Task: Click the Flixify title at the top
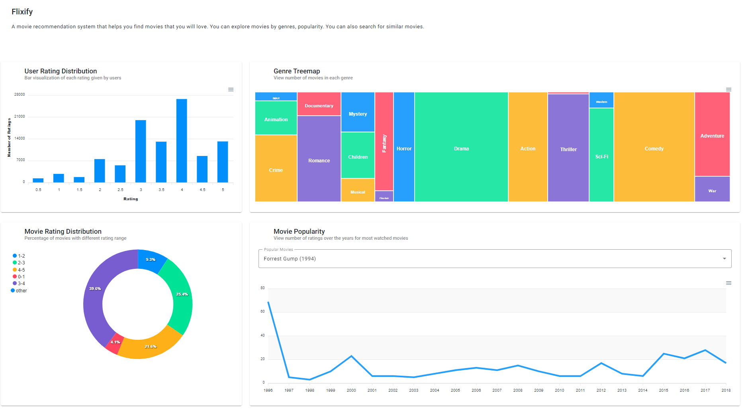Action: coord(22,12)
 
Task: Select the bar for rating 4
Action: coord(182,140)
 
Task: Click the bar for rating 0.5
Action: coord(38,180)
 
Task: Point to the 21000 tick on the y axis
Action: coord(20,116)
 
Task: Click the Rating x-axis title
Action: coord(131,199)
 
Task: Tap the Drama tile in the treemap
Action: coord(461,148)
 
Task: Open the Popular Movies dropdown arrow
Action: coord(724,259)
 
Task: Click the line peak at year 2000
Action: coord(351,356)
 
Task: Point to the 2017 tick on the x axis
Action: coord(705,390)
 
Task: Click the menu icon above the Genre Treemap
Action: coord(728,90)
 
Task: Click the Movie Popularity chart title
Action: coord(299,231)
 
